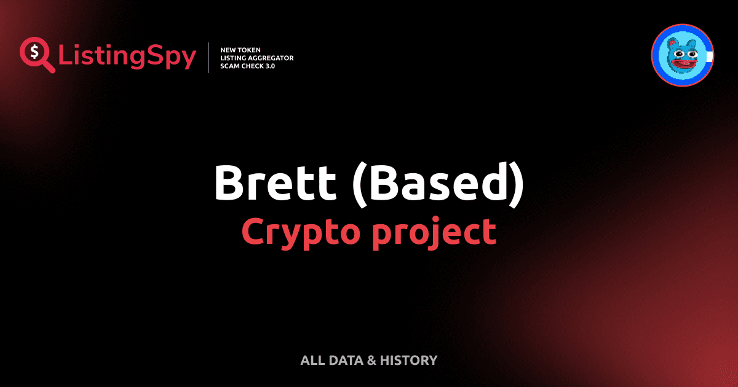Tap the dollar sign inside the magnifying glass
34,51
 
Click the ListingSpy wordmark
127,57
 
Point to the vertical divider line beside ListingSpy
209,57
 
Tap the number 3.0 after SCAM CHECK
269,66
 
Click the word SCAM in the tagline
230,66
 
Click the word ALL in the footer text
311,360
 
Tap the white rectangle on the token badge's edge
709,57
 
